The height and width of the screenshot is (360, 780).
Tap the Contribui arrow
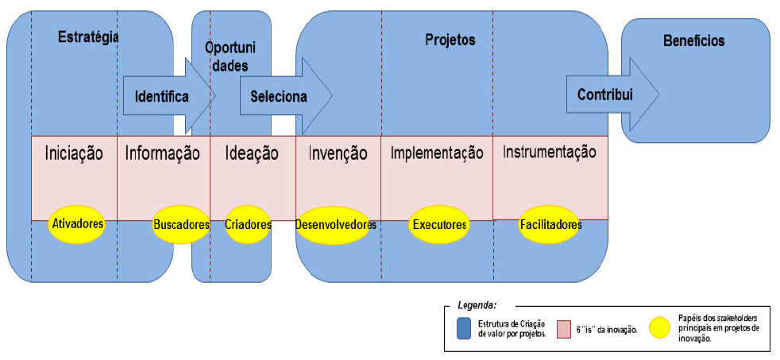(x=608, y=94)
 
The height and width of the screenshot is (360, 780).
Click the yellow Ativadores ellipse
(x=78, y=224)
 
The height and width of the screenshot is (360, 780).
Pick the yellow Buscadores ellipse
(x=181, y=225)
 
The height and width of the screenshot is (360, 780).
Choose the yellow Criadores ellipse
(x=249, y=225)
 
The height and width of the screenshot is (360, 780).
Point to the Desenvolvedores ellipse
(x=335, y=225)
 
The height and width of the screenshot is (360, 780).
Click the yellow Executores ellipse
(x=438, y=225)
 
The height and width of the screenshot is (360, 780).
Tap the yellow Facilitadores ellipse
(x=550, y=225)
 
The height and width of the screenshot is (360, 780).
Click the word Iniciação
(x=74, y=153)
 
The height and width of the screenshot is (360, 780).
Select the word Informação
(x=163, y=153)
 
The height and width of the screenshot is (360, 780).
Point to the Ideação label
(x=252, y=153)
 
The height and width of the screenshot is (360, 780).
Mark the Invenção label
(x=338, y=153)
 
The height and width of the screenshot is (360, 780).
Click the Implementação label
(x=437, y=153)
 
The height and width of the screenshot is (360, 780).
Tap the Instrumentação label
(x=550, y=152)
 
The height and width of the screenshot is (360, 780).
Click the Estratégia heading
(x=88, y=36)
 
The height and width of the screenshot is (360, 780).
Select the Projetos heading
(x=450, y=39)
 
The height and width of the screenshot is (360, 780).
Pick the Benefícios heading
(x=693, y=40)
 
